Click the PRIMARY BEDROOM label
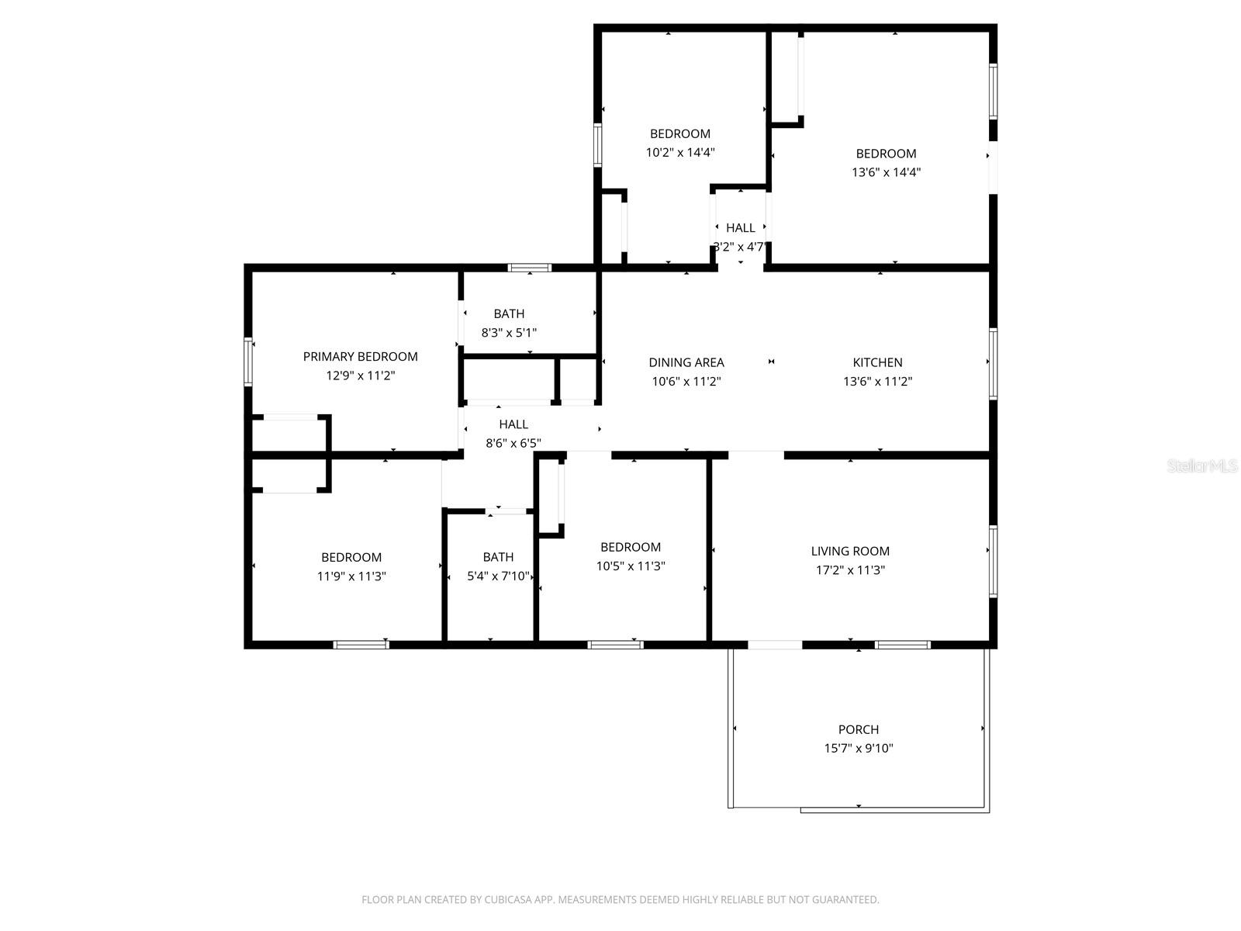pos(360,357)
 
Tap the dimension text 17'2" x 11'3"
pos(850,570)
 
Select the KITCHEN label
pos(877,362)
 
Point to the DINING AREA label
pos(686,362)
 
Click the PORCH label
pos(858,729)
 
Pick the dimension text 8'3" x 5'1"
pos(509,333)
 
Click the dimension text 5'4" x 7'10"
pos(497,576)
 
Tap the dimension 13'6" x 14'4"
pos(886,172)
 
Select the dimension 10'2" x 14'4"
pos(679,153)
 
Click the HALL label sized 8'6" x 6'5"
pos(513,424)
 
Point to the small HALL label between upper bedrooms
pos(740,228)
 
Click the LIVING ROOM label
pos(850,551)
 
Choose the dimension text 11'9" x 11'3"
pos(351,576)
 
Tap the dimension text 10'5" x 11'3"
pos(630,566)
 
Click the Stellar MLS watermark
pos(1202,466)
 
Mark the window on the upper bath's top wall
pos(530,268)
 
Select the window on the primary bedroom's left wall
pos(248,362)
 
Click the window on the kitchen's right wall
pos(993,363)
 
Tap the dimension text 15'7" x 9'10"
pos(858,749)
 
